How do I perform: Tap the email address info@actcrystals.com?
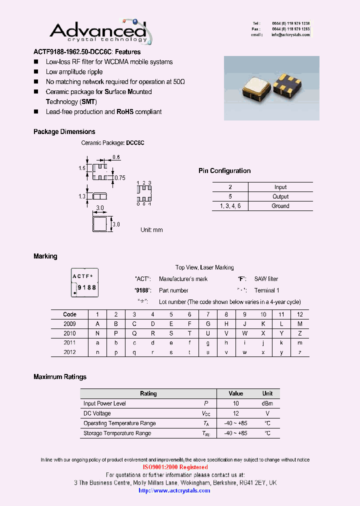pos(290,35)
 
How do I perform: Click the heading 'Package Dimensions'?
pos(64,132)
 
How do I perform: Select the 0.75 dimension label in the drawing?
pos(119,177)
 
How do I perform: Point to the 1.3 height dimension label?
pos(82,196)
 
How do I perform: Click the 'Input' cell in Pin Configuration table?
pos(280,187)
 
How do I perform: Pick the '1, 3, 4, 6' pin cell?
pos(230,205)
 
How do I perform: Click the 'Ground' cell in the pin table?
pos(280,205)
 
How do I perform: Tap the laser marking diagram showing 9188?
pos(84,282)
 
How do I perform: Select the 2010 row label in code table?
pos(69,333)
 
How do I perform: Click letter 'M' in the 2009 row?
pos(300,323)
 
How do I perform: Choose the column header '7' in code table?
pos(208,314)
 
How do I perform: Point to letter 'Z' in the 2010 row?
pos(300,333)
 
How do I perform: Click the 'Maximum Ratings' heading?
pos(60,377)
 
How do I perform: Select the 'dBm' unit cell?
pos(267,403)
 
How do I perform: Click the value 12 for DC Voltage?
pos(236,413)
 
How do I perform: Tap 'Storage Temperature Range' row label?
pos(117,433)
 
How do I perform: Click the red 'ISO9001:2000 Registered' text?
pos(175,467)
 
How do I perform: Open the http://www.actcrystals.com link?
pos(174,490)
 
